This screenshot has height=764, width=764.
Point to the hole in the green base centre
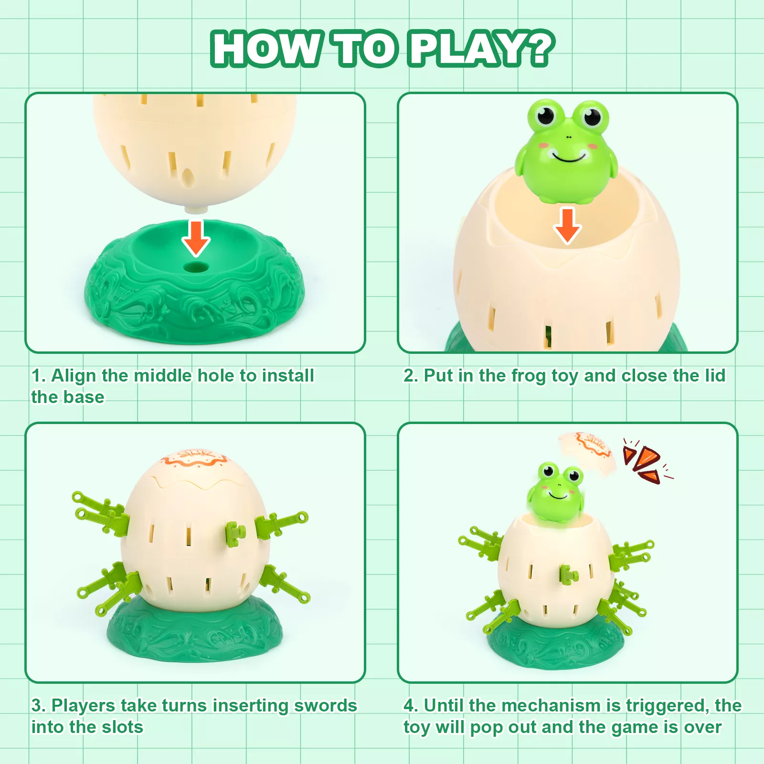[195, 266]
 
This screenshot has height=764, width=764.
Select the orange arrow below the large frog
[567, 225]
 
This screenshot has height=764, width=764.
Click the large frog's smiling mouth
[569, 156]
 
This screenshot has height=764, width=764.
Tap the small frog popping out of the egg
[555, 492]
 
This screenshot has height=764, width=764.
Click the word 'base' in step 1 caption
[84, 397]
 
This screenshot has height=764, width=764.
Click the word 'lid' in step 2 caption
[715, 375]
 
